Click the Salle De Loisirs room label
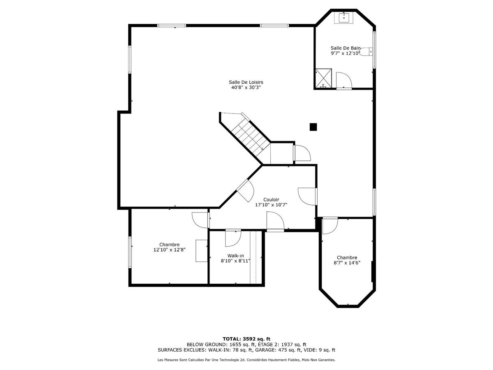click(246, 82)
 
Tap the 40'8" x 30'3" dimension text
click(246, 88)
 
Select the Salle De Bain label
click(346, 48)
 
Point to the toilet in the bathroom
click(366, 51)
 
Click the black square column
click(313, 127)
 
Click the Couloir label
click(271, 199)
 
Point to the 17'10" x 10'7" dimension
click(271, 205)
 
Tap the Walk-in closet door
click(233, 238)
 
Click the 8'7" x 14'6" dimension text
click(347, 263)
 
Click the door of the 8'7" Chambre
click(329, 226)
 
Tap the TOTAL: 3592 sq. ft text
click(246, 338)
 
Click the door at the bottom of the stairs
click(302, 153)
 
